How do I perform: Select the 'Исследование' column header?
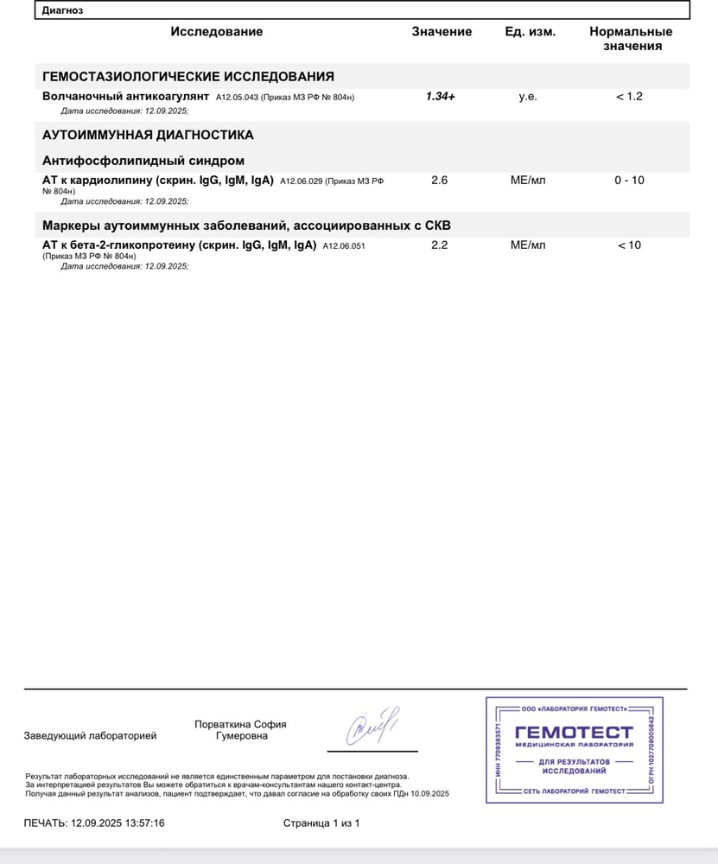216,32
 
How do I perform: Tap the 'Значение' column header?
442,32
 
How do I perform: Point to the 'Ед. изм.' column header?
530,32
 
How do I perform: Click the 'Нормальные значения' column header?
631,39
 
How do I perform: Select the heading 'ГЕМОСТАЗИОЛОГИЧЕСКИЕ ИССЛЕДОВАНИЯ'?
188,77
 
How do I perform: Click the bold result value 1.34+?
440,97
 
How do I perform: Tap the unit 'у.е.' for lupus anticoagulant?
528,97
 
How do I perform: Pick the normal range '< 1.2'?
629,97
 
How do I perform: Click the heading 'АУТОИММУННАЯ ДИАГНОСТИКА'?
148,136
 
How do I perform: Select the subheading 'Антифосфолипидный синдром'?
143,161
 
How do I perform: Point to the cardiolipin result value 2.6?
440,181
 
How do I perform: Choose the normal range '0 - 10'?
629,181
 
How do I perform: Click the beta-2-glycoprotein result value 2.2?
440,245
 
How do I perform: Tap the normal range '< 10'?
629,245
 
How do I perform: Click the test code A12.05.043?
236,98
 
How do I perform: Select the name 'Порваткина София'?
240,725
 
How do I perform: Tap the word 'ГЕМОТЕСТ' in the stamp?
574,733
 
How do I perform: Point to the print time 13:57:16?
141,823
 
